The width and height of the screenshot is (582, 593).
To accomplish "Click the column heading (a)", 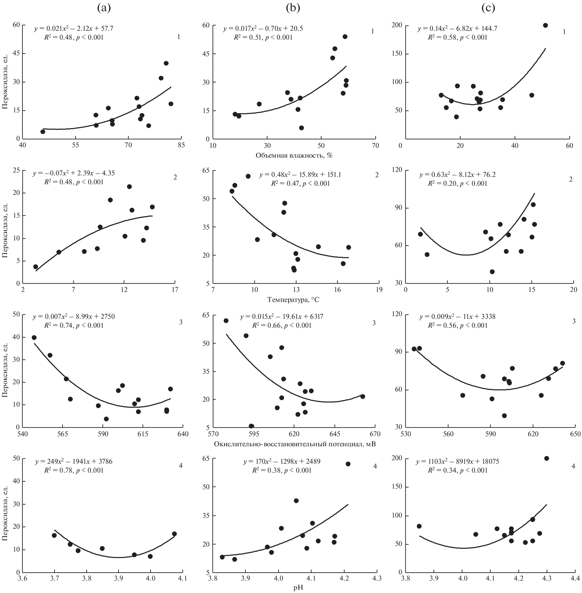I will (104, 8).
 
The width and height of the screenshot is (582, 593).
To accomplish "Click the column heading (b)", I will (293, 8).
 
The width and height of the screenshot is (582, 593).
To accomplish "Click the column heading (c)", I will (488, 8).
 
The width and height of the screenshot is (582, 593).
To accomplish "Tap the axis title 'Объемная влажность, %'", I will (294, 156).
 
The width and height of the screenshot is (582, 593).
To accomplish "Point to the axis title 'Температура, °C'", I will (294, 300).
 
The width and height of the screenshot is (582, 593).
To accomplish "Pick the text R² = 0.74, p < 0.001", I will (74, 325).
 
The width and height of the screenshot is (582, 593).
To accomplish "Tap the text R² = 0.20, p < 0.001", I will (457, 184).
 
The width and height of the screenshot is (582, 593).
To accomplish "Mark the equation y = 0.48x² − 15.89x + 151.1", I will (300, 175).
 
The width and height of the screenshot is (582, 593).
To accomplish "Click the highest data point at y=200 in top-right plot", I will (545, 25).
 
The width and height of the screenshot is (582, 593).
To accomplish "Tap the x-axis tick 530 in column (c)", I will (406, 434).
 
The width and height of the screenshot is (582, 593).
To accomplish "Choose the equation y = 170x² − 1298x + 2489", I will (282, 461).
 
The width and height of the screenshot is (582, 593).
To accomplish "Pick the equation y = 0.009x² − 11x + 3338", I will (457, 317).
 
